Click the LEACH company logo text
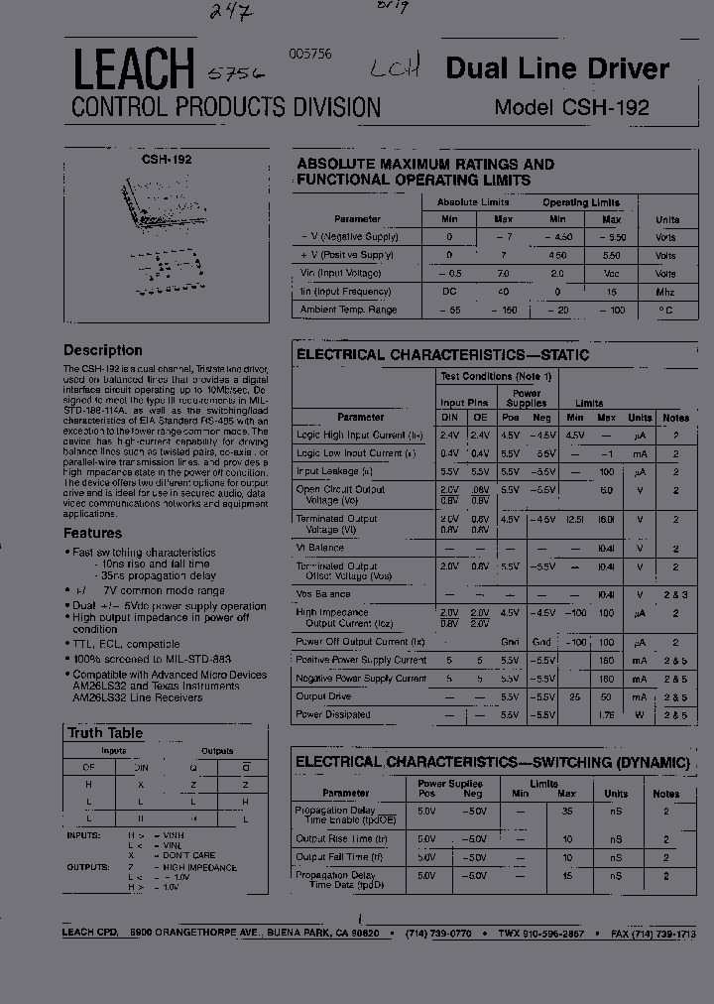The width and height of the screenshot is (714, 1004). [132, 70]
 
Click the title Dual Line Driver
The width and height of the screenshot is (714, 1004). [557, 68]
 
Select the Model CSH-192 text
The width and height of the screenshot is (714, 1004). [571, 107]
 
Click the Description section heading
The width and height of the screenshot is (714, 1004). [103, 350]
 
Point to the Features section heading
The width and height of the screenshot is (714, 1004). [92, 533]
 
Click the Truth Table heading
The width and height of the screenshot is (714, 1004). [105, 733]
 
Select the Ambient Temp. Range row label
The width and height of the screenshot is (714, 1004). [348, 310]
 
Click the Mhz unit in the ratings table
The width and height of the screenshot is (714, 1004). [664, 292]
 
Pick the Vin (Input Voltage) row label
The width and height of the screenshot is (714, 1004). [340, 273]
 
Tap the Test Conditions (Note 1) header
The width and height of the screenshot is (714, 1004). [495, 376]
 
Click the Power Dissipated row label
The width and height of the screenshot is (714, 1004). [335, 714]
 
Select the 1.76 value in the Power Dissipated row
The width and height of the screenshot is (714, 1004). [605, 714]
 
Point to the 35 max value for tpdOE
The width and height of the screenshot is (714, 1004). [567, 811]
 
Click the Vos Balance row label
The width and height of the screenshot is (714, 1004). [323, 594]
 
